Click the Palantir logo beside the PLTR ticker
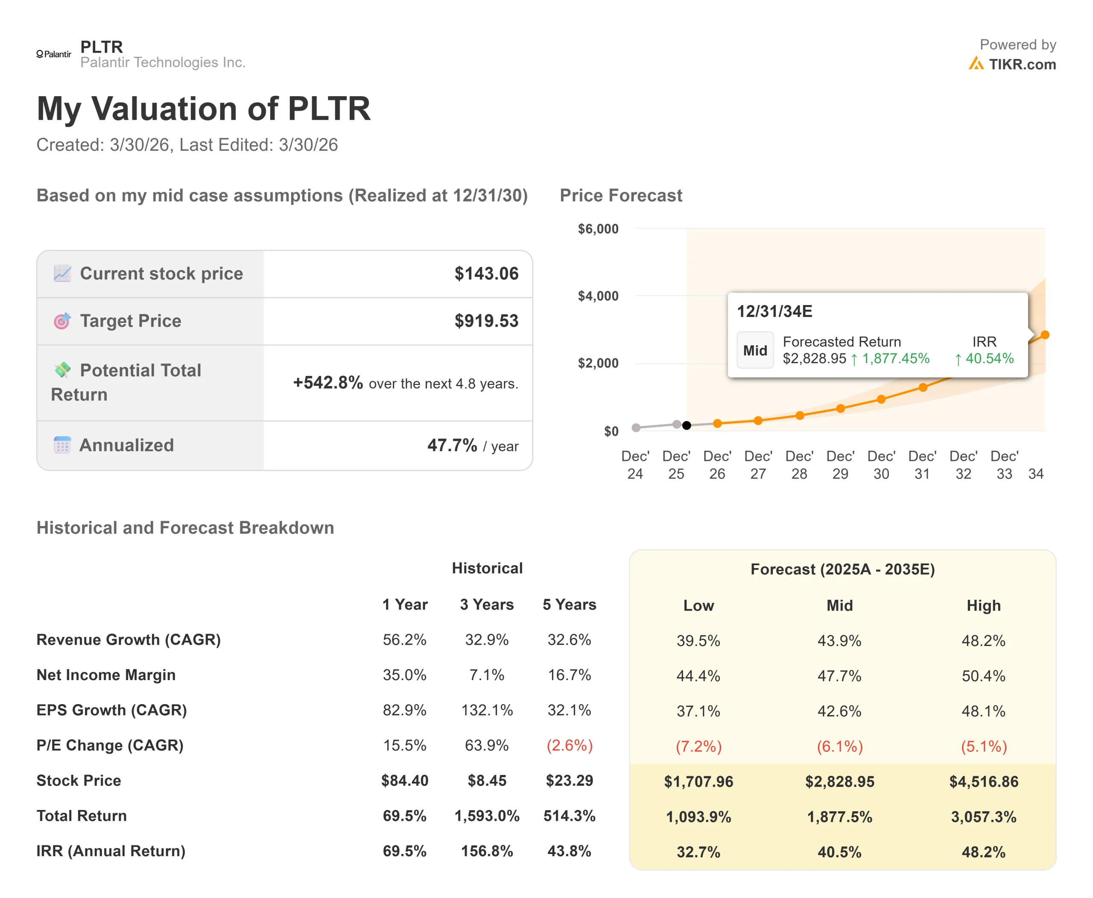[54, 54]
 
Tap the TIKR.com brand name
[1022, 64]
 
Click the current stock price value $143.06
[486, 274]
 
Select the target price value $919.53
[486, 321]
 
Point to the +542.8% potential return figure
[328, 383]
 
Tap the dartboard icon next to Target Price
[62, 321]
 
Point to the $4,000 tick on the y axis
[598, 296]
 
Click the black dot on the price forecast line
[687, 425]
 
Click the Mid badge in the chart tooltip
[755, 350]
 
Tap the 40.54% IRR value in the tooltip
[989, 358]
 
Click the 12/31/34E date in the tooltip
[774, 311]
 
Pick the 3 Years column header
[487, 604]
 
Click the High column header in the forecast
[983, 605]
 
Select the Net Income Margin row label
[106, 675]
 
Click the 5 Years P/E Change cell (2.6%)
[569, 745]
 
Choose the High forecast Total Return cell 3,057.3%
[983, 816]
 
